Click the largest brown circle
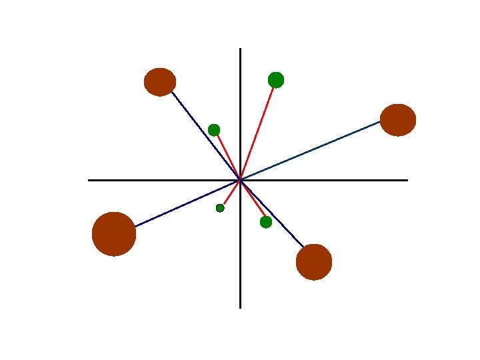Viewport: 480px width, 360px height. point(114,234)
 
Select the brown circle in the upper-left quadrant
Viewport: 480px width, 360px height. point(160,82)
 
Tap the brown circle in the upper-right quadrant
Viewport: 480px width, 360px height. point(398,120)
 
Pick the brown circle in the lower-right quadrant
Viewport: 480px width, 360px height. point(314,262)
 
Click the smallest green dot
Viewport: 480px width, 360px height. point(220,208)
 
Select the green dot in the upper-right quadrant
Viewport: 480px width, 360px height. point(276,80)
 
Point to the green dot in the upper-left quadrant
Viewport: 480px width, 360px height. point(214,130)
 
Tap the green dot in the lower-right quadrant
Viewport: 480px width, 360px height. point(266,222)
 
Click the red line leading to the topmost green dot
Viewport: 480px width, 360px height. point(258,130)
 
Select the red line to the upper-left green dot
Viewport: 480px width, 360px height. point(227,155)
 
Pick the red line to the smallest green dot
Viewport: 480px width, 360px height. point(230,194)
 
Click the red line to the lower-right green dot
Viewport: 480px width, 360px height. point(253,201)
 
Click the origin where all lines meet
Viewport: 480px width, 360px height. point(240,180)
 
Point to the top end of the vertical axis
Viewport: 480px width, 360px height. point(240,49)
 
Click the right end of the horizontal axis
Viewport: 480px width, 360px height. point(407,180)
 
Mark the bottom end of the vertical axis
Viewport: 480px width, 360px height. point(240,307)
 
